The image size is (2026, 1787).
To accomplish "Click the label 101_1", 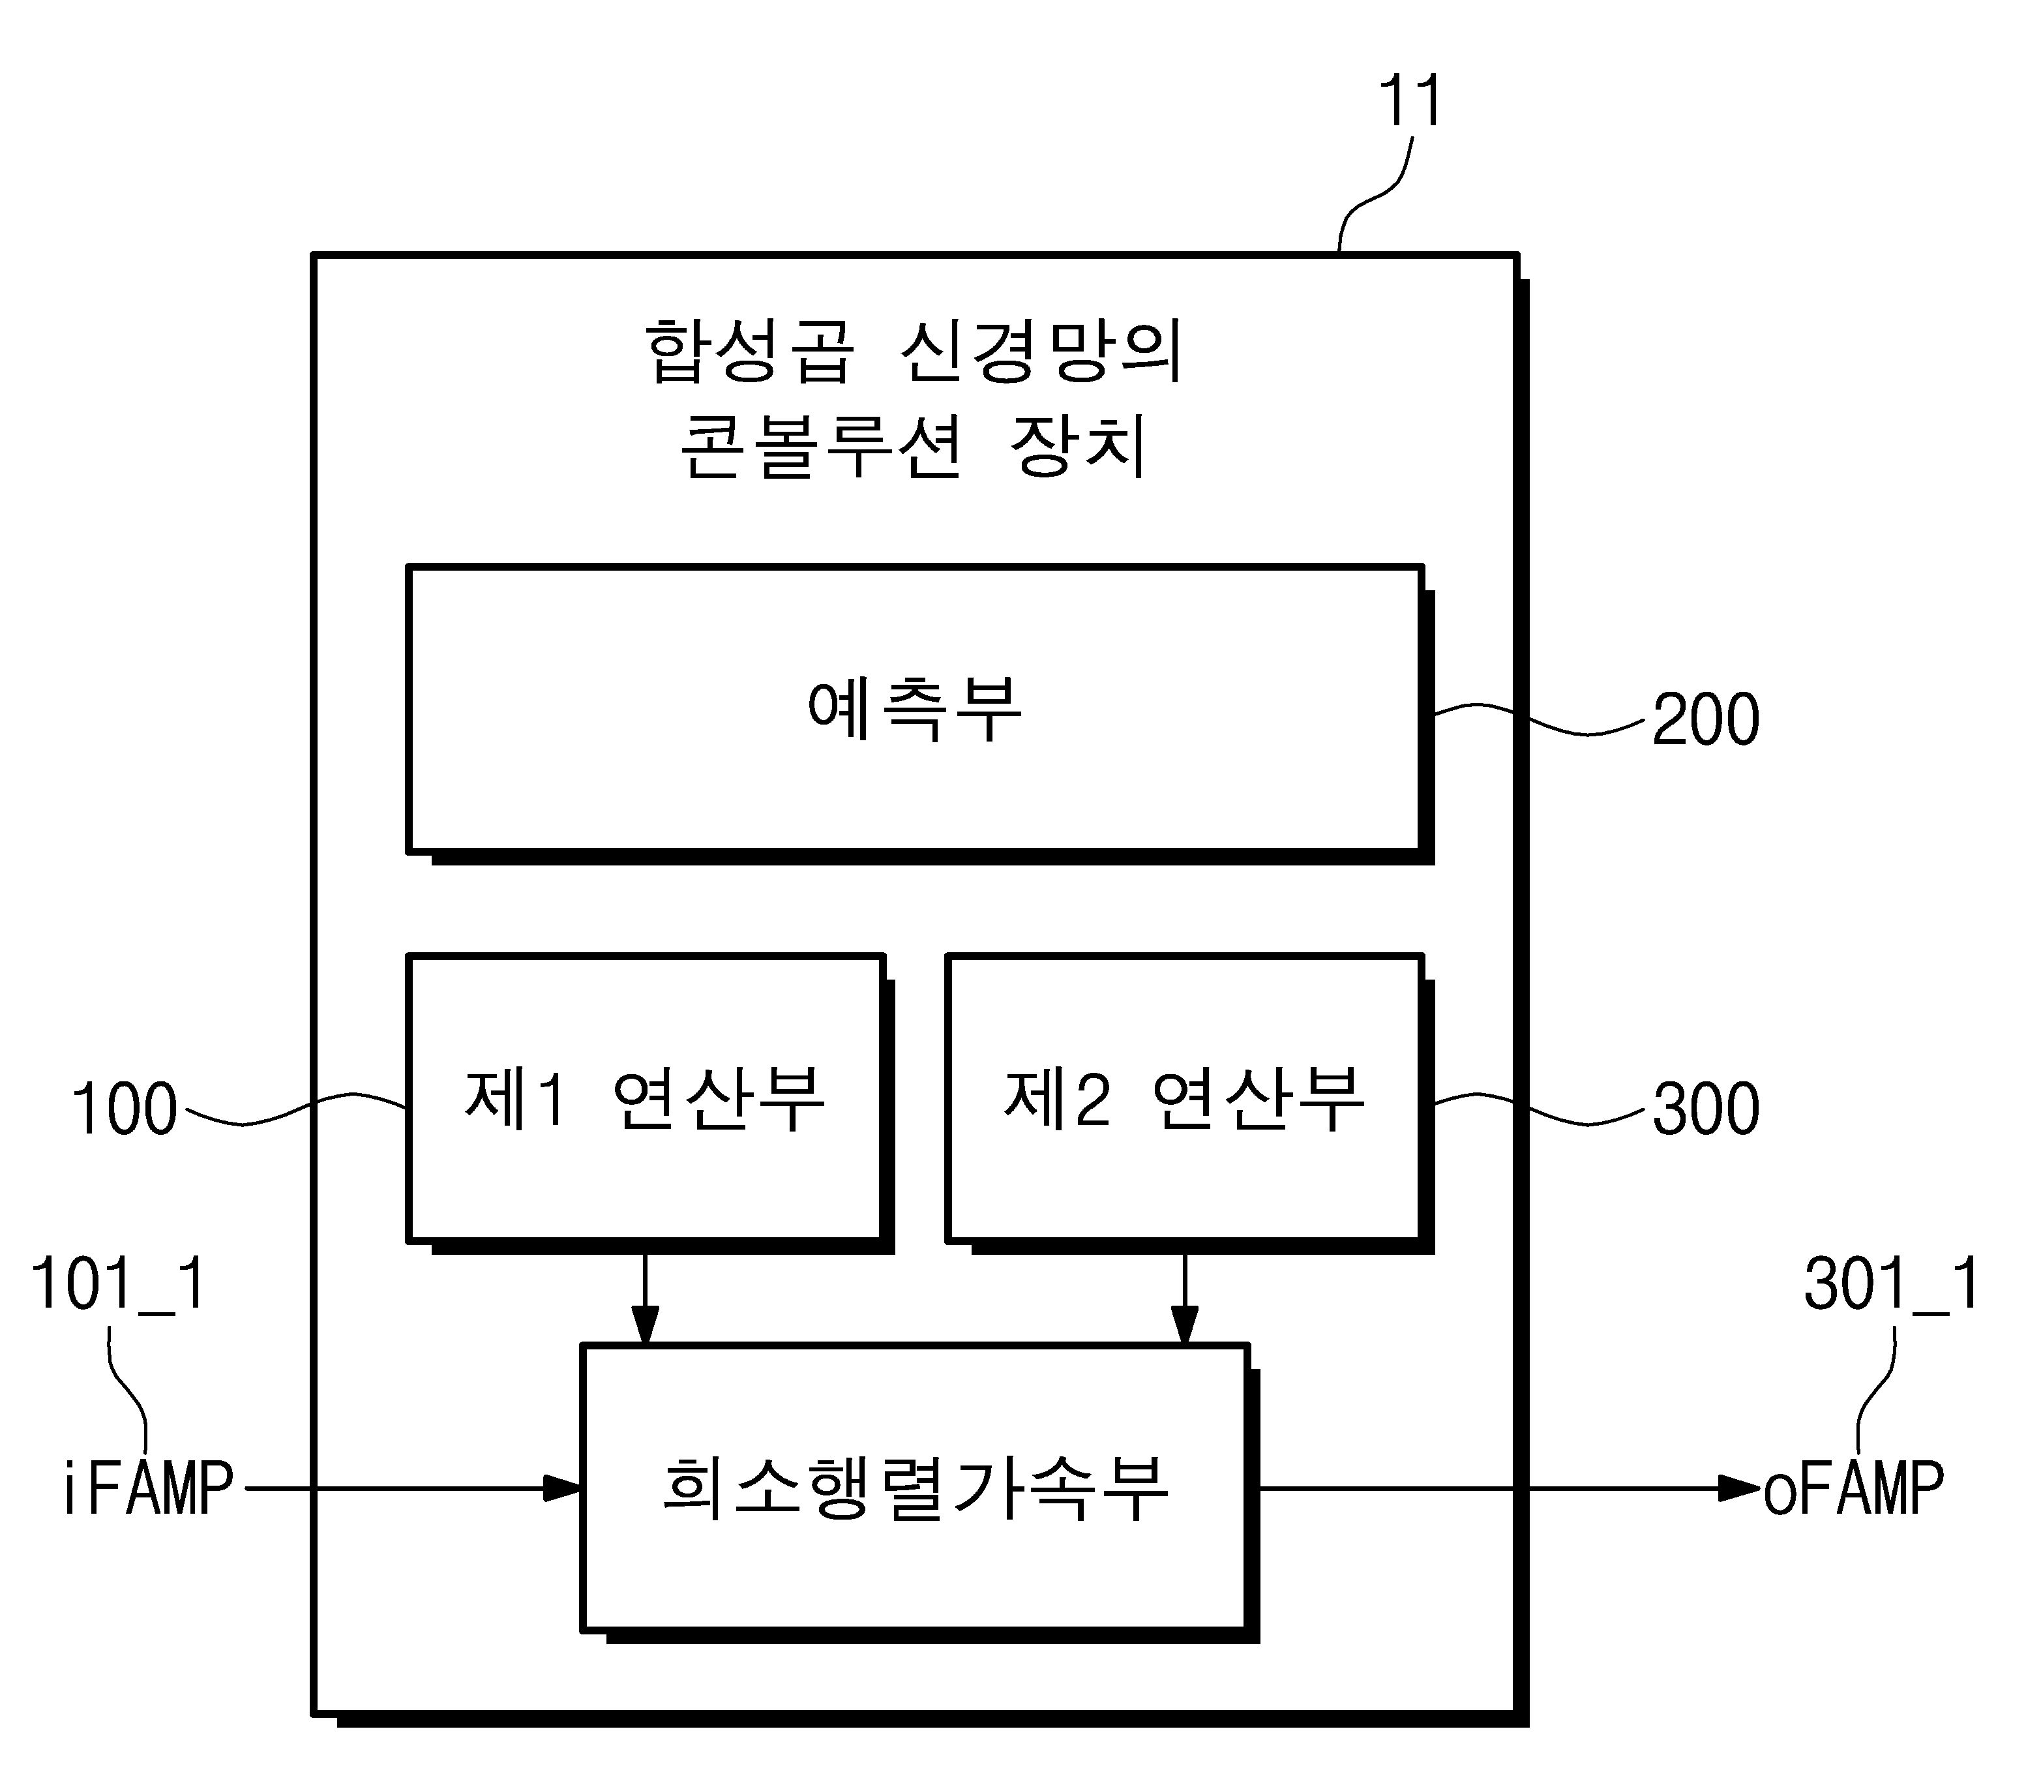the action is [x=119, y=1285].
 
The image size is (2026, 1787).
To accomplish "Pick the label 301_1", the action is [x=1891, y=1285].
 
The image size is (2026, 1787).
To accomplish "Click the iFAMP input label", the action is [x=149, y=1489].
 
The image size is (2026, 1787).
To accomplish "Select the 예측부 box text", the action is [x=914, y=710].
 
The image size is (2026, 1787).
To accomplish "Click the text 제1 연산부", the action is [x=644, y=1098].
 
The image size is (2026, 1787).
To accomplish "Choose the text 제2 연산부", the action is [x=1184, y=1098].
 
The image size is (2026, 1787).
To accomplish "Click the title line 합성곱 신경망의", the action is [x=914, y=351].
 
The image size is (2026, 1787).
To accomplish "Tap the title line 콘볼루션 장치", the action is [x=914, y=446].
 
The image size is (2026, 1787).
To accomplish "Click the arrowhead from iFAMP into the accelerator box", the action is [x=563, y=1489].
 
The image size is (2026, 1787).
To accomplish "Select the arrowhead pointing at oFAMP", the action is [x=1740, y=1489].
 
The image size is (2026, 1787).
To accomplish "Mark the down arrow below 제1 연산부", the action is [x=646, y=1299].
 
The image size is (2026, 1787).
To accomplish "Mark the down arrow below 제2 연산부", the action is [x=1184, y=1299].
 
